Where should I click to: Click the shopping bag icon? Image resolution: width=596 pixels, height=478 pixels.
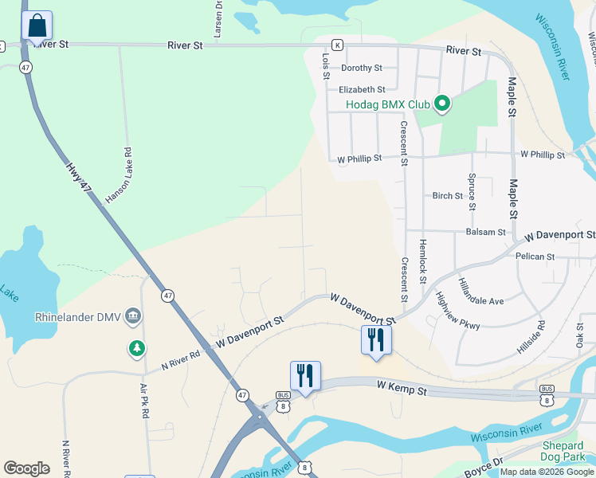[37, 26]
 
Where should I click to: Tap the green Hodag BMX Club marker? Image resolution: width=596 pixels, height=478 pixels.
[442, 104]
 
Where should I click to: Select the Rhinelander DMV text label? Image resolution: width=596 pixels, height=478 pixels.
[78, 317]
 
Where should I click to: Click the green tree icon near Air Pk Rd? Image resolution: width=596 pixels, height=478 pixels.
[137, 348]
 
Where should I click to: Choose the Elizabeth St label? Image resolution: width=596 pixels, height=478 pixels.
[362, 90]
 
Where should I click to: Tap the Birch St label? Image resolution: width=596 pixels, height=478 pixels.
[447, 196]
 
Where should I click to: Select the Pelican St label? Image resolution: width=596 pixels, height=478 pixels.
[535, 257]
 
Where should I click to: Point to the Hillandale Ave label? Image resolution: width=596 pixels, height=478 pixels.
[480, 292]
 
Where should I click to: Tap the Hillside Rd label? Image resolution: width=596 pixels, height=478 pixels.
[542, 336]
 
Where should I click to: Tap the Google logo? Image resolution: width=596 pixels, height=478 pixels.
[26, 468]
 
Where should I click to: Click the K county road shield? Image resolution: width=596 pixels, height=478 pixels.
[337, 45]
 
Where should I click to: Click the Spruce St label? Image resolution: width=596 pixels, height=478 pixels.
[472, 192]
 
